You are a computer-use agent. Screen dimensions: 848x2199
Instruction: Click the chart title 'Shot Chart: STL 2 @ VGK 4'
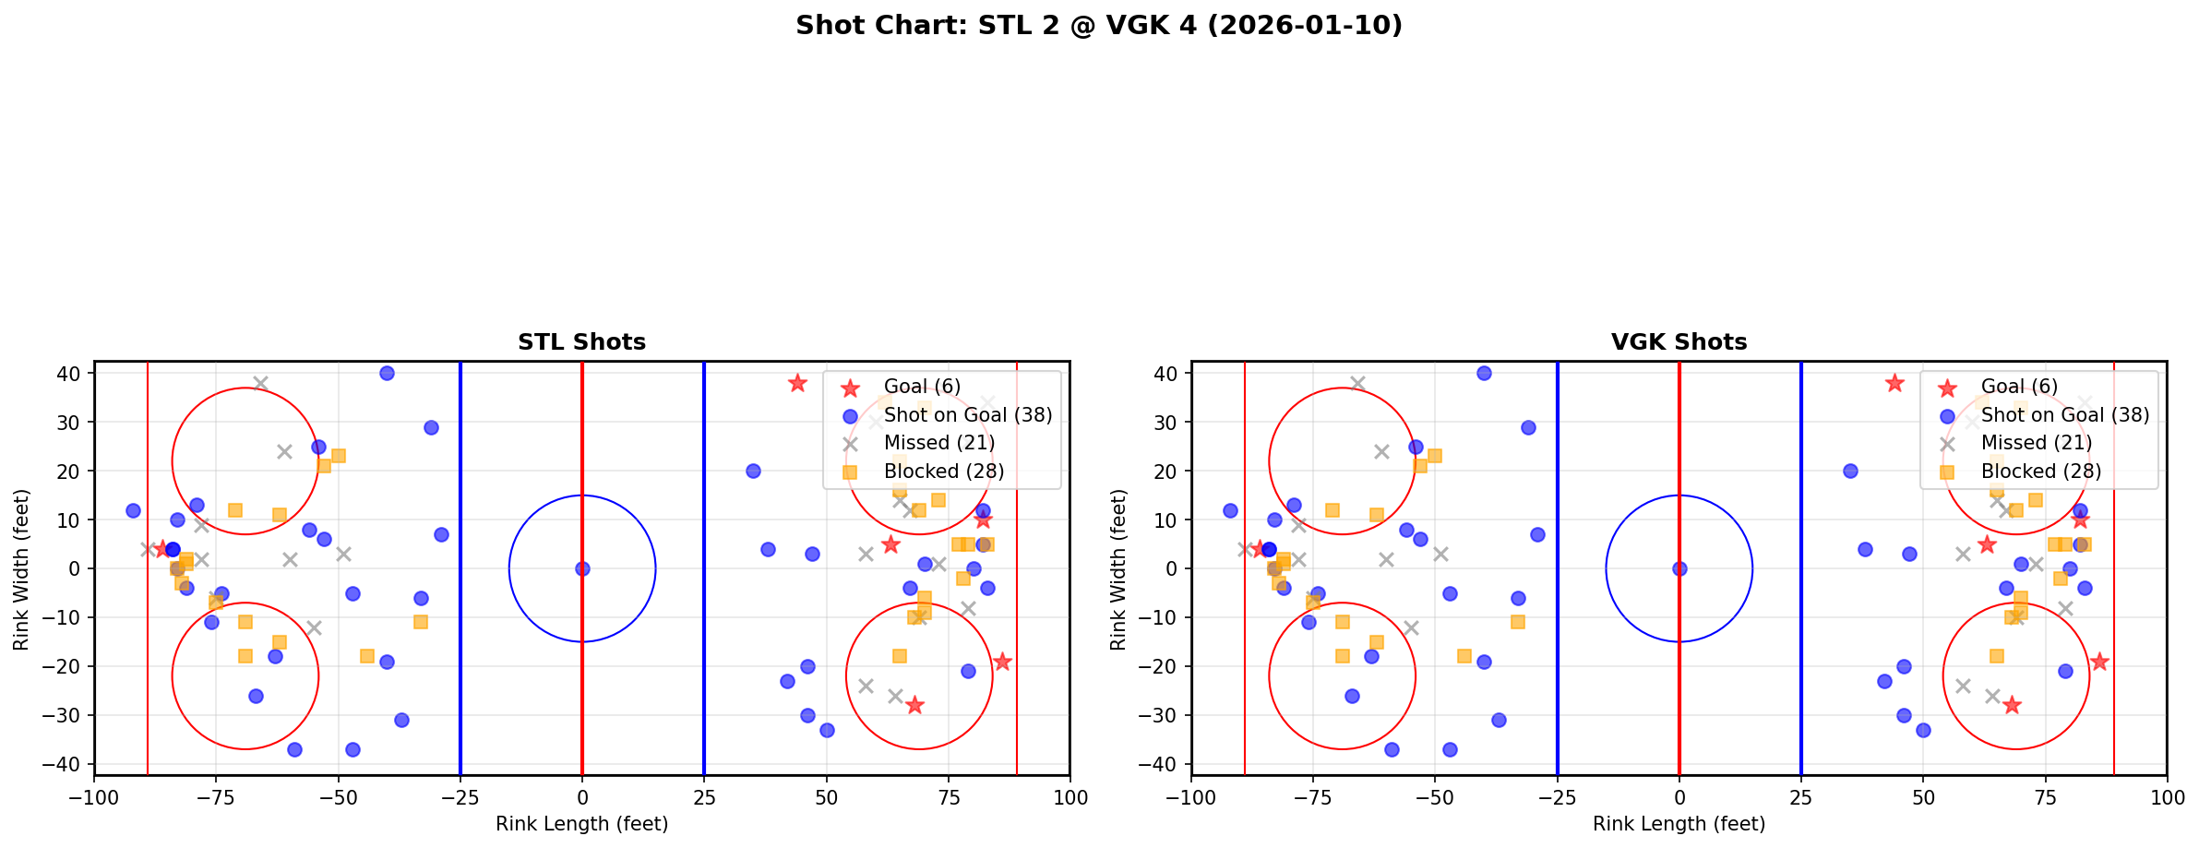(x=1098, y=26)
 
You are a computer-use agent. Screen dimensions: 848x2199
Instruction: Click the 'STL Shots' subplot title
(x=581, y=342)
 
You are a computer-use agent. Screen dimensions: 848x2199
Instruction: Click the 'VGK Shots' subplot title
(x=1679, y=342)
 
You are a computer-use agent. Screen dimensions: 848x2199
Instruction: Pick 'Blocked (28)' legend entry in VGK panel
(x=2040, y=472)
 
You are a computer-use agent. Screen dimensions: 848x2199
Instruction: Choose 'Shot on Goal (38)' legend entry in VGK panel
(x=2064, y=415)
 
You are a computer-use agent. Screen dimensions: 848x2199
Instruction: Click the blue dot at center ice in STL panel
(x=582, y=568)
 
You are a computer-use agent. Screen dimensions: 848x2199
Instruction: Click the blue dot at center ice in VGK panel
(x=1679, y=568)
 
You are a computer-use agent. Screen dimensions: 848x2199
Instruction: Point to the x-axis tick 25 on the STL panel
(x=704, y=797)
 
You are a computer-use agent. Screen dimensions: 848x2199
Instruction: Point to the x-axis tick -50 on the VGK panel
(x=1435, y=797)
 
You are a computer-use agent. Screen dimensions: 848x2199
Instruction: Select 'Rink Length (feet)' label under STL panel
(x=581, y=824)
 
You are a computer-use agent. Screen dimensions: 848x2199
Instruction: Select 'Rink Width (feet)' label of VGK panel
(x=1118, y=569)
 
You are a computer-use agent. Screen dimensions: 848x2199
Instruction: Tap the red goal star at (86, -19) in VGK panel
(x=2099, y=662)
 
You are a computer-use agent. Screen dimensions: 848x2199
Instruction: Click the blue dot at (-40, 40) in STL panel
(x=387, y=374)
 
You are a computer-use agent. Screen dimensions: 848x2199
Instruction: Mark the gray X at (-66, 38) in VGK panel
(x=1357, y=383)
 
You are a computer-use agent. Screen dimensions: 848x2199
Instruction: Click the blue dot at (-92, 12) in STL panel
(x=133, y=510)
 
